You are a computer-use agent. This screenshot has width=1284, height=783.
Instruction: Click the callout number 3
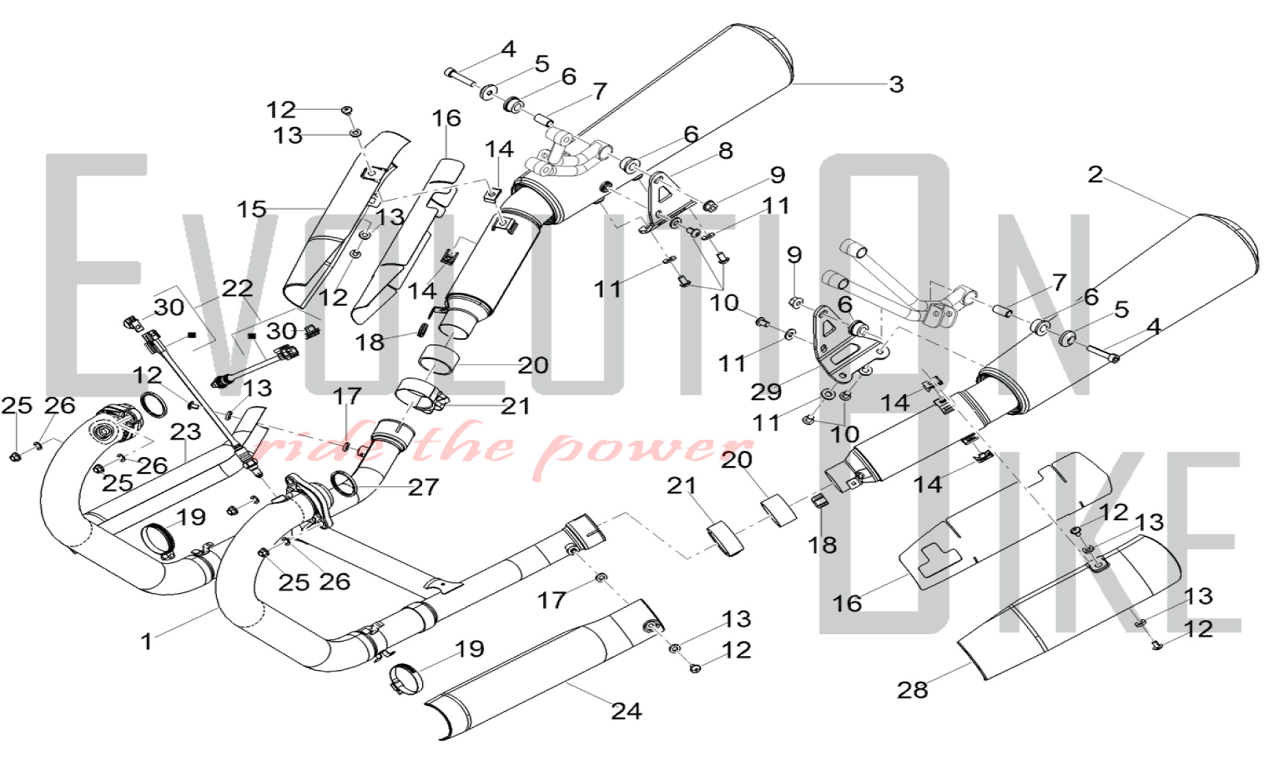point(897,84)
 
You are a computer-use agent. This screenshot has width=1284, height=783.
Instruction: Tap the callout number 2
point(1095,174)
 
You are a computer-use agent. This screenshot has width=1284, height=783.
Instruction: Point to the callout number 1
point(146,641)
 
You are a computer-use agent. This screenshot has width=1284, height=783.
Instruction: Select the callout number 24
point(626,710)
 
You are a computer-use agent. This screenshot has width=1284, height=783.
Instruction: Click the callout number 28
point(912,690)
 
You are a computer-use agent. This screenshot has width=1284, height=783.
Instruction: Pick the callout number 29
point(766,391)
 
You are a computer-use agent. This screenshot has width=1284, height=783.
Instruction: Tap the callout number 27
point(423,487)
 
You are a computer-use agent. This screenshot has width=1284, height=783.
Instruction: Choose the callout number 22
point(237,288)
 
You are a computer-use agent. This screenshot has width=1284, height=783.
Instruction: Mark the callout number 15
point(251,209)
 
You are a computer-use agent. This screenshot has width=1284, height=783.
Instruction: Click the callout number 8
point(725,151)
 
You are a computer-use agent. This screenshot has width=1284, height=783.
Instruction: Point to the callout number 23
point(186,431)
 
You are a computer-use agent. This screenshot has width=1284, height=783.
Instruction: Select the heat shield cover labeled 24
point(546,667)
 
